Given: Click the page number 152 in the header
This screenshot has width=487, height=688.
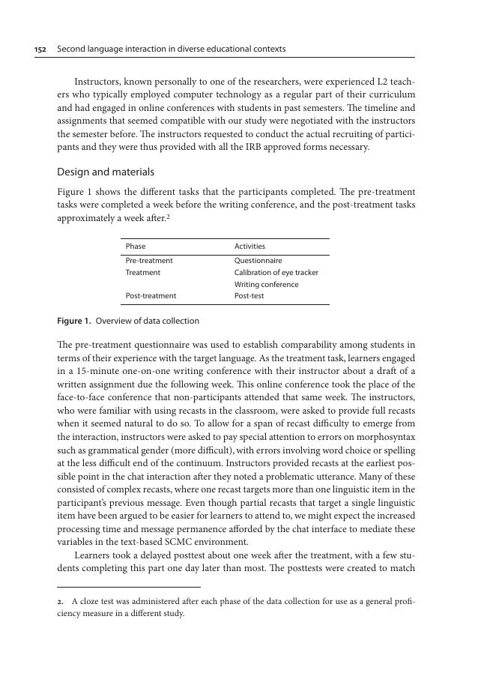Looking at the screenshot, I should (x=40, y=49).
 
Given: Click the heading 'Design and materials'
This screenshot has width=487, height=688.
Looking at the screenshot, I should (x=106, y=172).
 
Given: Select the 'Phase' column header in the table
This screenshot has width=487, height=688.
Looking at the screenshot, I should (x=136, y=247).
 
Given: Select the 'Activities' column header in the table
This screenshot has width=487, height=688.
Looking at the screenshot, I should (x=249, y=247).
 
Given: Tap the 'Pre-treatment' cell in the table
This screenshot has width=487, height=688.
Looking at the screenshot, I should (x=149, y=261).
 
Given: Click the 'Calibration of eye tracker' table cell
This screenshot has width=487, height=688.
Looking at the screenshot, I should (x=276, y=273).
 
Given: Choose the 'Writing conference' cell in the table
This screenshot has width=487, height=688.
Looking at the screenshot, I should (x=266, y=285).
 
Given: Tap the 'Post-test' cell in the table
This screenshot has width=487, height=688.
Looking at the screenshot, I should (x=249, y=296).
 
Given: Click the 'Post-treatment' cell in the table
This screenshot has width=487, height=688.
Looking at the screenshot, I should (x=151, y=296).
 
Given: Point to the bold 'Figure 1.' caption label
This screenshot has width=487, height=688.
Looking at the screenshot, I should (x=74, y=321).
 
